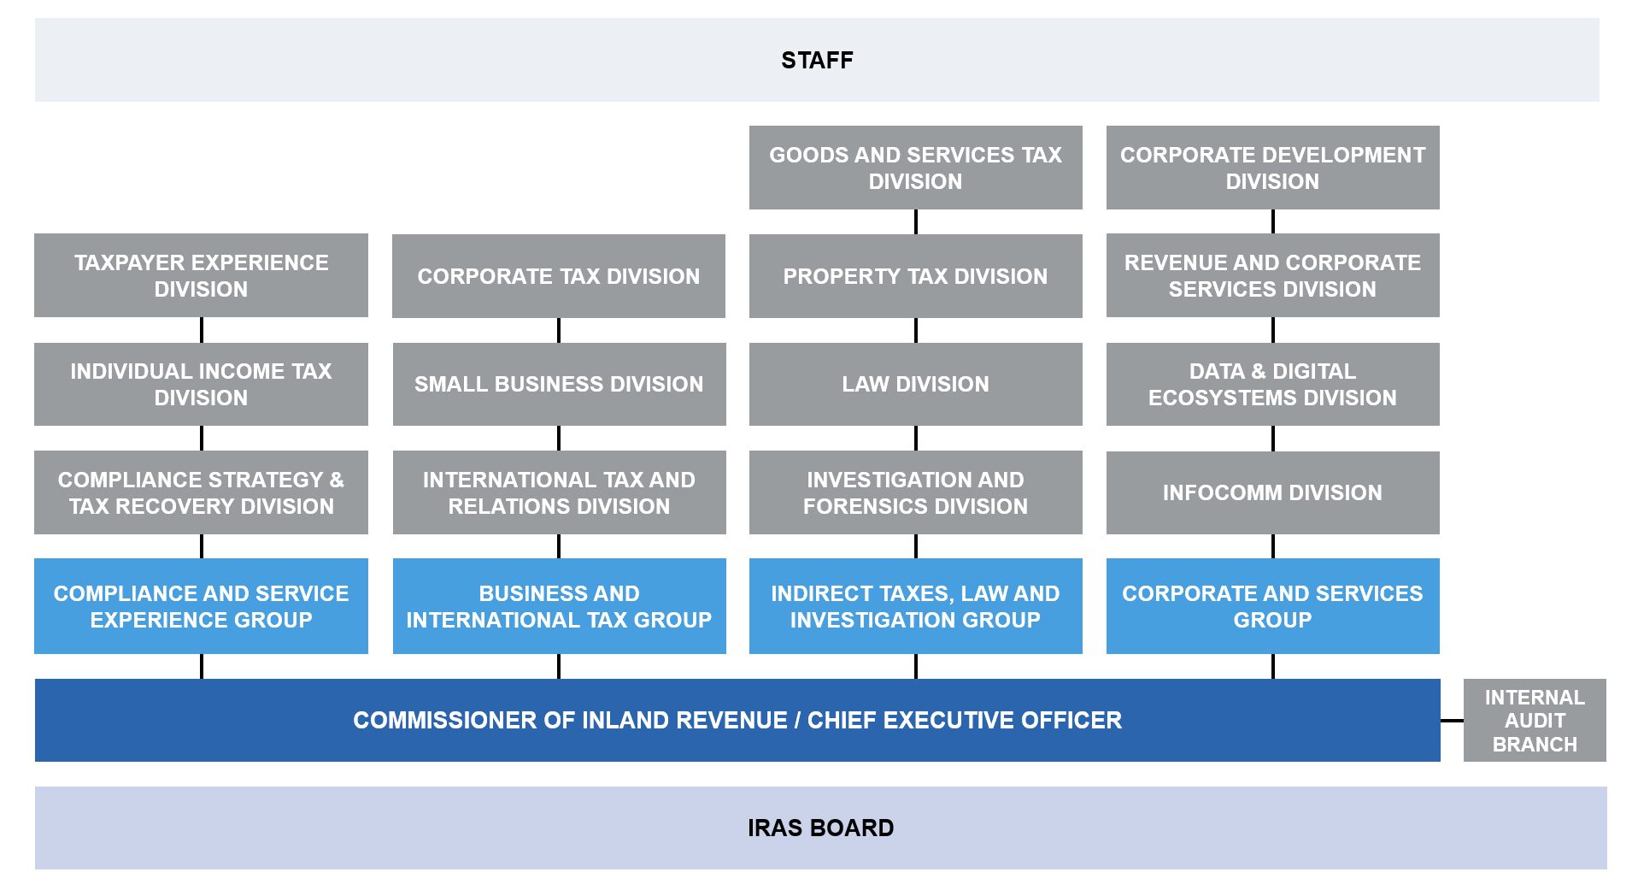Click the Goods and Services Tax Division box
pyautogui.click(x=915, y=168)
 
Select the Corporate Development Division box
pyautogui.click(x=1272, y=168)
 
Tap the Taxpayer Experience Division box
pyautogui.click(x=201, y=275)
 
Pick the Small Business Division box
pyautogui.click(x=559, y=384)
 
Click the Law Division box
pyautogui.click(x=915, y=384)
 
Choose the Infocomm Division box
pyautogui.click(x=1272, y=492)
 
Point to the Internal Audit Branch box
pyautogui.click(x=1535, y=720)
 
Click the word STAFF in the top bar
pyautogui.click(x=817, y=61)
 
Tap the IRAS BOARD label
pyautogui.click(x=820, y=828)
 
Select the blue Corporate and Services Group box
pyautogui.click(x=1272, y=606)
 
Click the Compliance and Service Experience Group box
pyautogui.click(x=201, y=606)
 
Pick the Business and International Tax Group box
pyautogui.click(x=559, y=606)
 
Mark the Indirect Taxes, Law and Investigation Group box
pyautogui.click(x=915, y=606)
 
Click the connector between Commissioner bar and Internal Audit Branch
pyautogui.click(x=1452, y=721)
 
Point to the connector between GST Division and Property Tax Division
pyautogui.click(x=916, y=221)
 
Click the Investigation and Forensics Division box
pyautogui.click(x=915, y=492)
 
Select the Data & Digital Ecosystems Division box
pyautogui.click(x=1272, y=384)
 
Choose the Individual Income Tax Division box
pyautogui.click(x=201, y=384)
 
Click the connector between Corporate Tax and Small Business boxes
pyautogui.click(x=559, y=330)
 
